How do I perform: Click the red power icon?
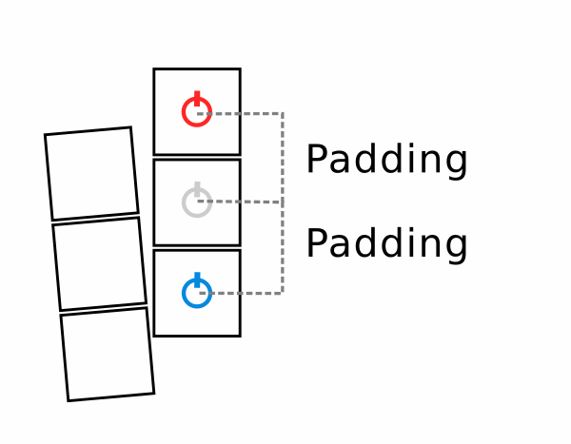point(196,112)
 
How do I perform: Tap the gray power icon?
point(196,202)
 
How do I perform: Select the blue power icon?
point(196,292)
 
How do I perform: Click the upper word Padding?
point(385,161)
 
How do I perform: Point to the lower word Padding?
point(385,245)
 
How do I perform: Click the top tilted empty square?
point(91,174)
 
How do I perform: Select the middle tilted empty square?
point(99,263)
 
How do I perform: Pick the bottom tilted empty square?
point(107,354)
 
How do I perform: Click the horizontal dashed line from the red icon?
point(243,113)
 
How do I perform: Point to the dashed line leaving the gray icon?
point(243,202)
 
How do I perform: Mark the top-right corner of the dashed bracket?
point(282,113)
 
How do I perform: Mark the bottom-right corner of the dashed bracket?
point(282,293)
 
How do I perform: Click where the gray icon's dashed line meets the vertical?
point(282,203)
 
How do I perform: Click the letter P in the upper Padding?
point(317,160)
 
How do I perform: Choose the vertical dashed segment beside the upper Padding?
point(282,158)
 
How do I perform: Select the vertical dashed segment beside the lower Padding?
point(282,247)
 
